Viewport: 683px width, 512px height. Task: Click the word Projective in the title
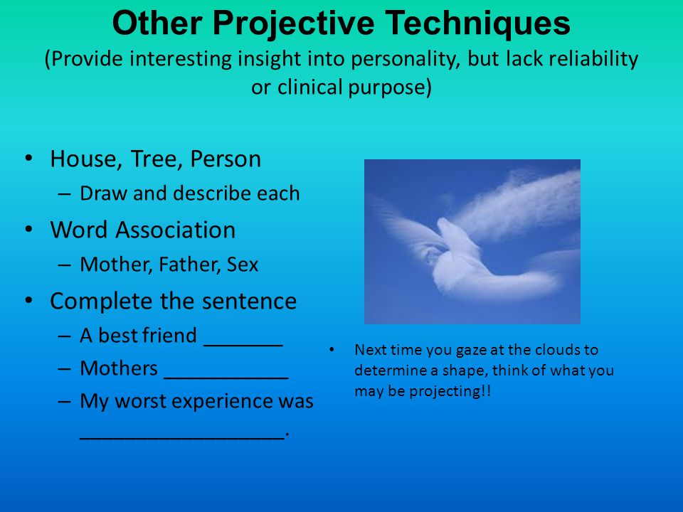pos(294,24)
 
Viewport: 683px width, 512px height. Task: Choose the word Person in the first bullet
pos(226,159)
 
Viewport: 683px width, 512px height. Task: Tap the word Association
pos(176,230)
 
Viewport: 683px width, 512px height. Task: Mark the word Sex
pos(243,265)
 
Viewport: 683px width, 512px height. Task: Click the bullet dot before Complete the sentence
pos(28,300)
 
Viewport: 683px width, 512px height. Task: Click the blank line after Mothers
pos(226,378)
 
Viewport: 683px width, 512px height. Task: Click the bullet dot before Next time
pos(332,350)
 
